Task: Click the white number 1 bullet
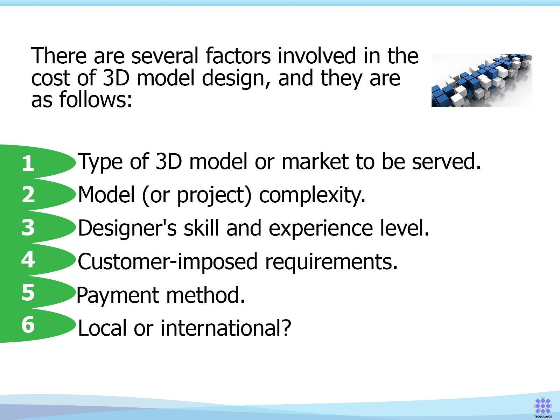[28, 163]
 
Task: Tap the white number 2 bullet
[28, 195]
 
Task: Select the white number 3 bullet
[28, 227]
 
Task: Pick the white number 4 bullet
[28, 260]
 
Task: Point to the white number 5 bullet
[28, 293]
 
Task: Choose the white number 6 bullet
[28, 325]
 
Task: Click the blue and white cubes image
[482, 80]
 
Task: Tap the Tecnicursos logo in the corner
[543, 407]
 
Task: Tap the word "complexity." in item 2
[312, 195]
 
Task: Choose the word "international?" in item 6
[226, 328]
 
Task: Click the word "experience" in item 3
[321, 228]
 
